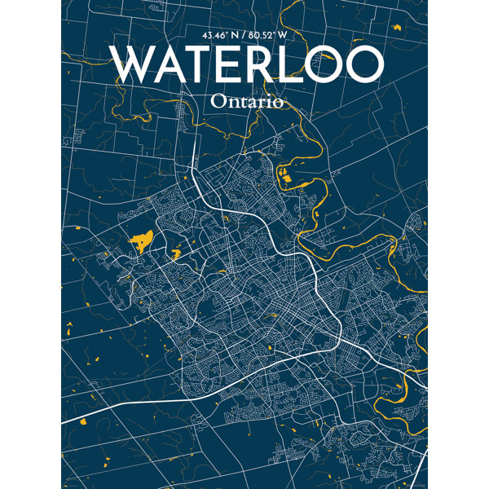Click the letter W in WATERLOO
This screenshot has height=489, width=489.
(135, 64)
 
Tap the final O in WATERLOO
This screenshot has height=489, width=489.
(365, 64)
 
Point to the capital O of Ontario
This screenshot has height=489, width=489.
(218, 102)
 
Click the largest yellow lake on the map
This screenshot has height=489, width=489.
(143, 240)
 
